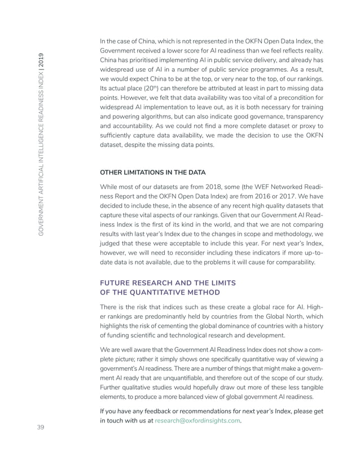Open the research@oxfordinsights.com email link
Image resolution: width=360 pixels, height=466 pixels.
tap(196, 420)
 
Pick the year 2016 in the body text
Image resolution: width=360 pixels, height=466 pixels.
tap(271, 197)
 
